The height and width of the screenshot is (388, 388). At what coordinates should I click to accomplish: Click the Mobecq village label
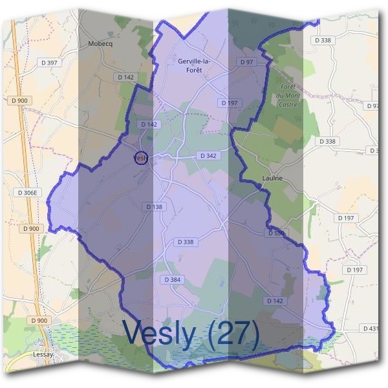tap(100, 44)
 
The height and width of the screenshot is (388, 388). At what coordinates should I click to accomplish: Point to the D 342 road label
tap(208, 156)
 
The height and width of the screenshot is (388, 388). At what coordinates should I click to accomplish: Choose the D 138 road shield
tap(155, 206)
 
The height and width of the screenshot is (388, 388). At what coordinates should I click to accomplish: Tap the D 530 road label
tap(275, 232)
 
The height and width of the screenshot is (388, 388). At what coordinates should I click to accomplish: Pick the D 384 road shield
tap(172, 279)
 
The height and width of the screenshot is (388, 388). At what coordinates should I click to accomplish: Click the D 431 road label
tap(372, 329)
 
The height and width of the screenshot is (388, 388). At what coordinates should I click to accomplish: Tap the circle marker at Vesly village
tap(140, 157)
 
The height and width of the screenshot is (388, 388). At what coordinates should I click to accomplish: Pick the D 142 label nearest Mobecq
tap(126, 77)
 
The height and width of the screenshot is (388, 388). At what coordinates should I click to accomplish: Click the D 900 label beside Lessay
tap(39, 320)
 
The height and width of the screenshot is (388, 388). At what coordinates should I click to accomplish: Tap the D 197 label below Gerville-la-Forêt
tap(228, 103)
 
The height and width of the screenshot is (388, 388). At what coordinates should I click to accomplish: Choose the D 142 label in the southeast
tap(275, 301)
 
